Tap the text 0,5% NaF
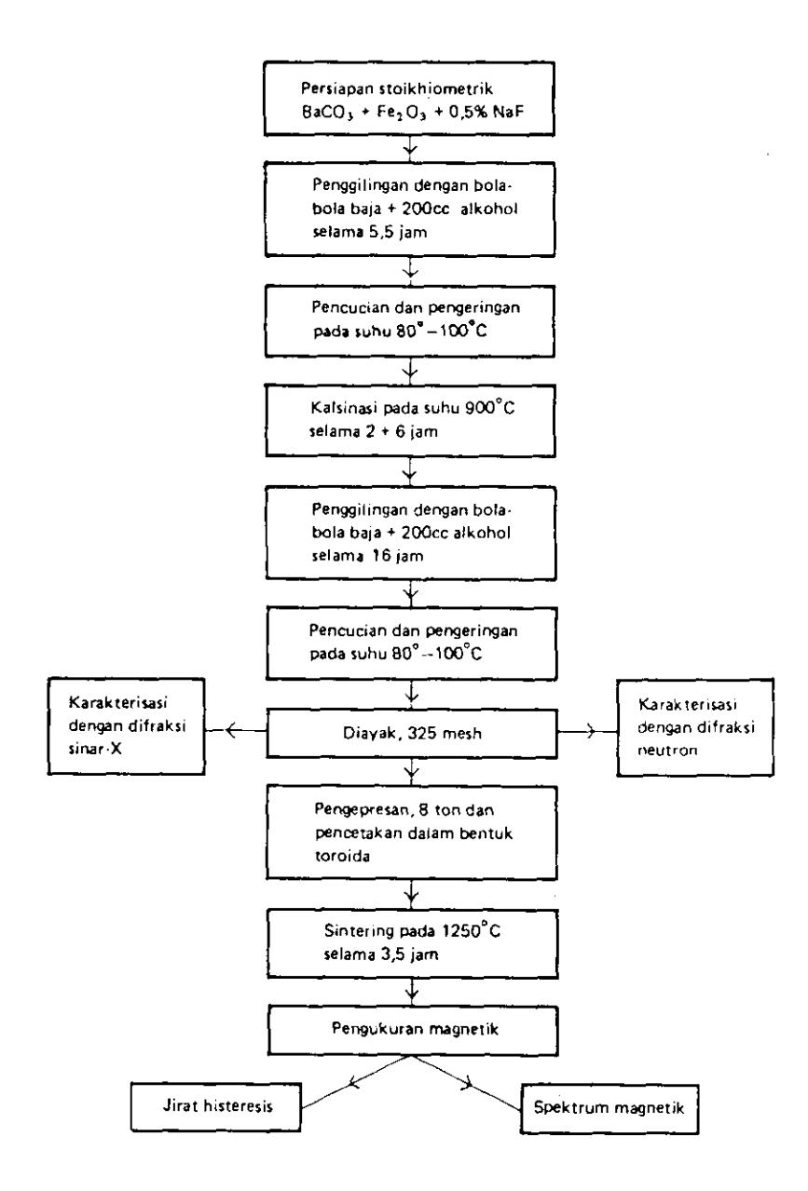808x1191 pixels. [x=486, y=112]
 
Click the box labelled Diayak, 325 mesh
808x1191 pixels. [x=412, y=733]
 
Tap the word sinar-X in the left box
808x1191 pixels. [x=95, y=750]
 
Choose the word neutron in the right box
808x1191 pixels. [x=667, y=751]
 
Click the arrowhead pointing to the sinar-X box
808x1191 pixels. [x=230, y=731]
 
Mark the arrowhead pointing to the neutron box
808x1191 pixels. [x=591, y=732]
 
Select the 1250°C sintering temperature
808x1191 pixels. [x=471, y=931]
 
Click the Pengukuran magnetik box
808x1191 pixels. [x=413, y=1030]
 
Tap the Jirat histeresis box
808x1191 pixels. [x=216, y=1107]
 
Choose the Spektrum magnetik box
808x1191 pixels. [x=609, y=1108]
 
